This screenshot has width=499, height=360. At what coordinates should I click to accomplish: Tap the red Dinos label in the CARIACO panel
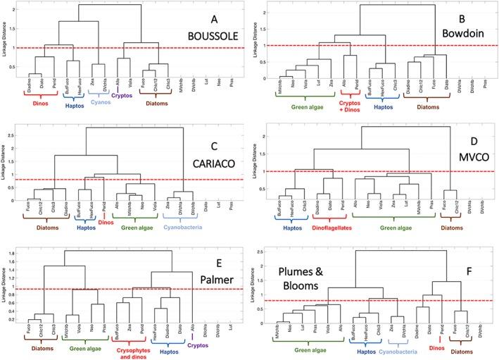point(104,223)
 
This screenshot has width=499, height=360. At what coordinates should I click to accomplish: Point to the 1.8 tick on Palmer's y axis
point(27,261)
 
